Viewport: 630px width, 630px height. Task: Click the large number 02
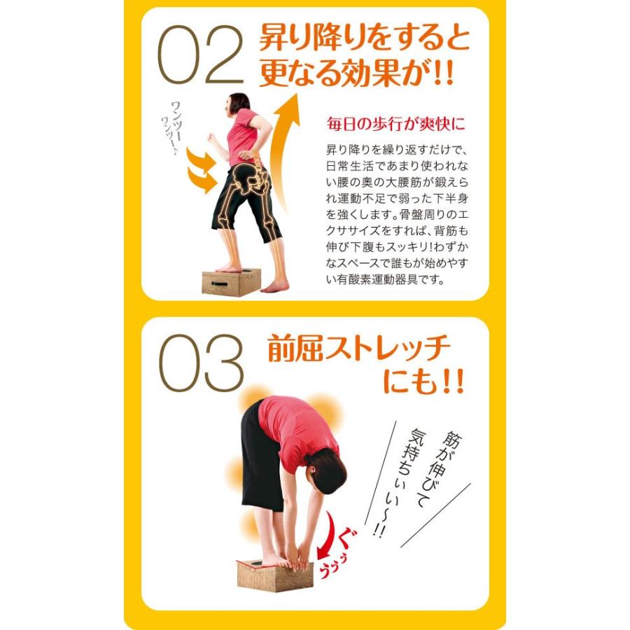(199, 55)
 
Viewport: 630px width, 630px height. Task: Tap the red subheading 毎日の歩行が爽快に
(395, 125)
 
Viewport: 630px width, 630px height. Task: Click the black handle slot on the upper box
(217, 284)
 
